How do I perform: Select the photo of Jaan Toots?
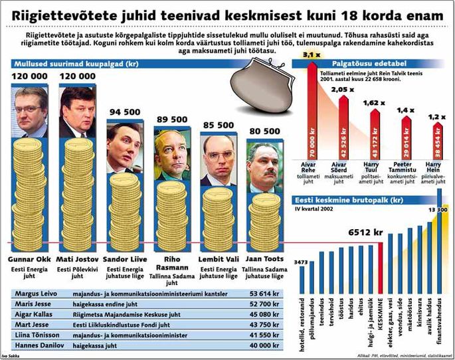pos(265,164)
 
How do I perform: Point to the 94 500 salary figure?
pos(124,111)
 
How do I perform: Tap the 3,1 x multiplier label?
pos(311,55)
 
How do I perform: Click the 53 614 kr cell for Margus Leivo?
pos(262,293)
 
